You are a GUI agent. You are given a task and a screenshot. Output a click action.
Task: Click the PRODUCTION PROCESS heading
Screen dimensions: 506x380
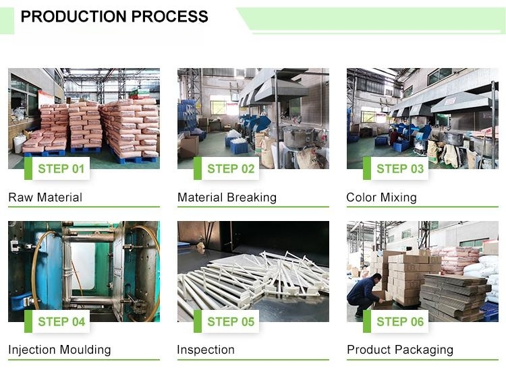114,16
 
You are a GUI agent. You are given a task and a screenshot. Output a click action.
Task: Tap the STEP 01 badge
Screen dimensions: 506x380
57,168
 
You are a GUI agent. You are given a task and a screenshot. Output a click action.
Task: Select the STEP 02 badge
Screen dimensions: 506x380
227,168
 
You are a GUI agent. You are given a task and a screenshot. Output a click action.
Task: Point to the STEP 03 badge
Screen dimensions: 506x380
395,168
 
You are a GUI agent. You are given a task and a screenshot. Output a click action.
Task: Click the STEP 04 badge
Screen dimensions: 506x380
57,321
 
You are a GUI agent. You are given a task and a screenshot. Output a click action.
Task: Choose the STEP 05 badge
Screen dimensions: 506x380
227,321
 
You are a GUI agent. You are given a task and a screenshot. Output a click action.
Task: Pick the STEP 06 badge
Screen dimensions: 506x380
395,321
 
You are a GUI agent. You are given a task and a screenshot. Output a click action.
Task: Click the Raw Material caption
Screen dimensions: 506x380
45,197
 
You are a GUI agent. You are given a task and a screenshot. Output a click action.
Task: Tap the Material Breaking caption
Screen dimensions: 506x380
227,197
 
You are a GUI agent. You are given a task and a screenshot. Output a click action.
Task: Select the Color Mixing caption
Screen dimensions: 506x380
381,197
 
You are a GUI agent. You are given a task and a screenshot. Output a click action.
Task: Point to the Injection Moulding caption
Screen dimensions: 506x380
59,350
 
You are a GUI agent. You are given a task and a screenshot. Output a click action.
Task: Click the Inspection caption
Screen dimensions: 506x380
206,350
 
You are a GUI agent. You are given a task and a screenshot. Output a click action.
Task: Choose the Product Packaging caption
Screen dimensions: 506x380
400,350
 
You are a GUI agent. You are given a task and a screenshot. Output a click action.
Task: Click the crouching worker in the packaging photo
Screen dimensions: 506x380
364,294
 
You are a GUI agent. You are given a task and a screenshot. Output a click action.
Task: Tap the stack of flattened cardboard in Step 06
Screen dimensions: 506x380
454,296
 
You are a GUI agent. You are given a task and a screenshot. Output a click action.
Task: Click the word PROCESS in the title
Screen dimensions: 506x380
170,16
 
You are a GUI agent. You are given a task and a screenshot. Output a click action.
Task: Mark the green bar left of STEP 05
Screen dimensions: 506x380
198,321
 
